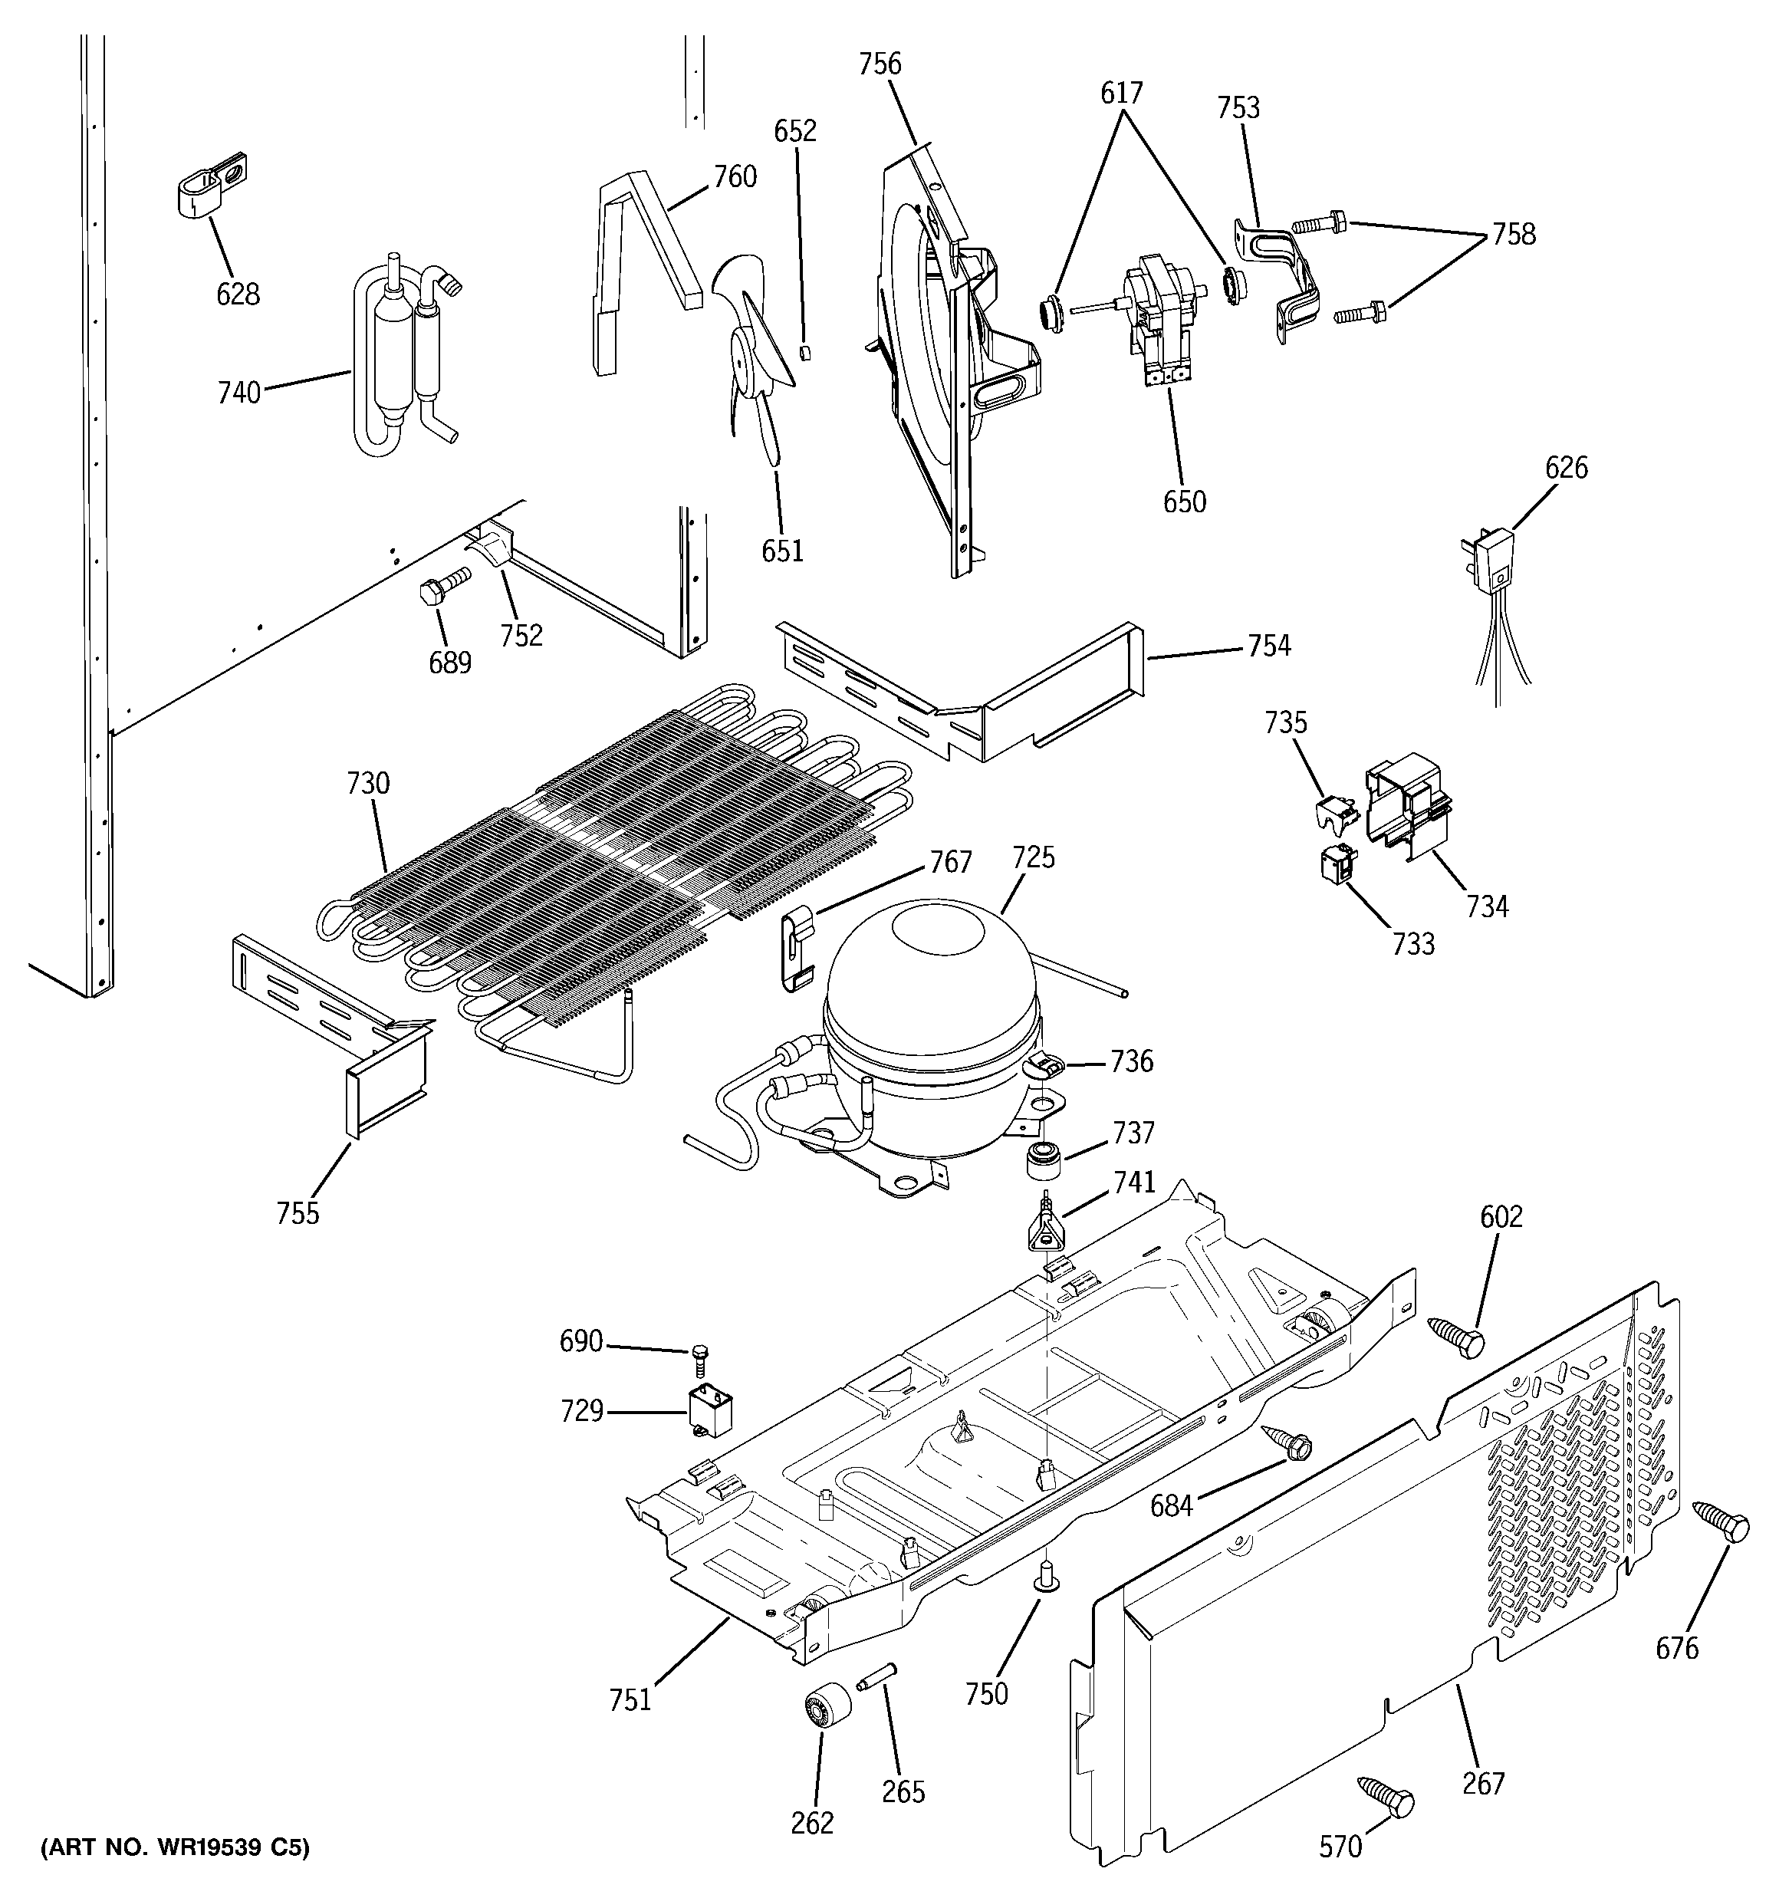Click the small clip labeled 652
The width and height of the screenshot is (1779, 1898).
coord(805,352)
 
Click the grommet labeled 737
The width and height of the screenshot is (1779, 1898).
coord(1044,1160)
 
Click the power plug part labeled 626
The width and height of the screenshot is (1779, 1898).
coord(1487,564)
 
